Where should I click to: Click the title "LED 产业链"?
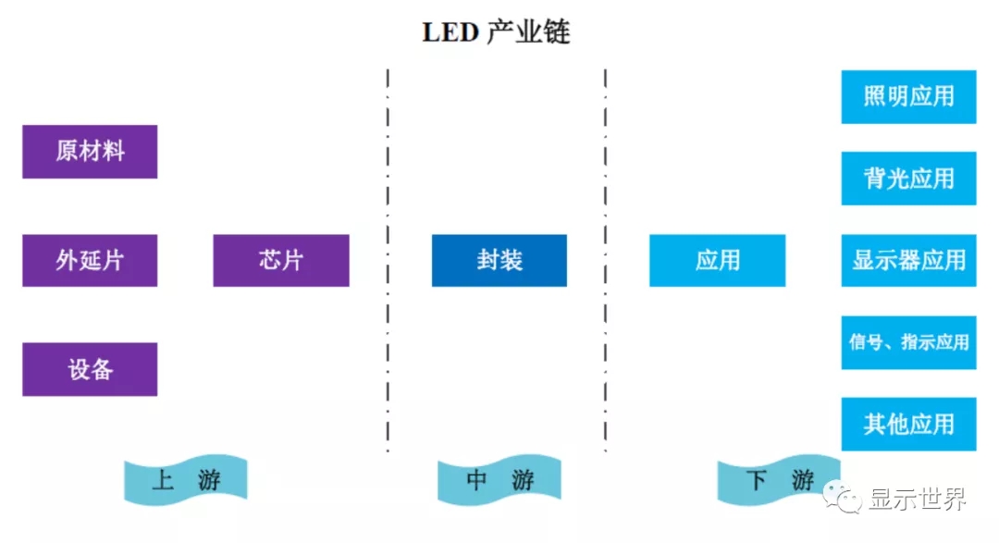click(x=496, y=32)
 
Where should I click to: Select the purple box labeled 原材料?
click(x=90, y=152)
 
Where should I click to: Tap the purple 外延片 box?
click(x=90, y=260)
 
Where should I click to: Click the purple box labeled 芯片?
click(x=281, y=260)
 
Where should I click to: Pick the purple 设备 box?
click(x=90, y=369)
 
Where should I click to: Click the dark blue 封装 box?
click(x=499, y=260)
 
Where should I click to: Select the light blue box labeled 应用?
click(x=717, y=260)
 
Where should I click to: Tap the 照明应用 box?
click(x=908, y=96)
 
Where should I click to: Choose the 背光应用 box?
click(x=908, y=179)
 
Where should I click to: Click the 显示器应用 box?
click(x=908, y=260)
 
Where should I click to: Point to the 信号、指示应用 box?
click(x=908, y=342)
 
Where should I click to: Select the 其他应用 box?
click(x=908, y=424)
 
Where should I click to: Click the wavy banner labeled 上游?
click(x=186, y=481)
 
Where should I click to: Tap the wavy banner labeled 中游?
click(x=499, y=481)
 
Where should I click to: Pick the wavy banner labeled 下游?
click(x=778, y=481)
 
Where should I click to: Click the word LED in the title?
click(x=450, y=32)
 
